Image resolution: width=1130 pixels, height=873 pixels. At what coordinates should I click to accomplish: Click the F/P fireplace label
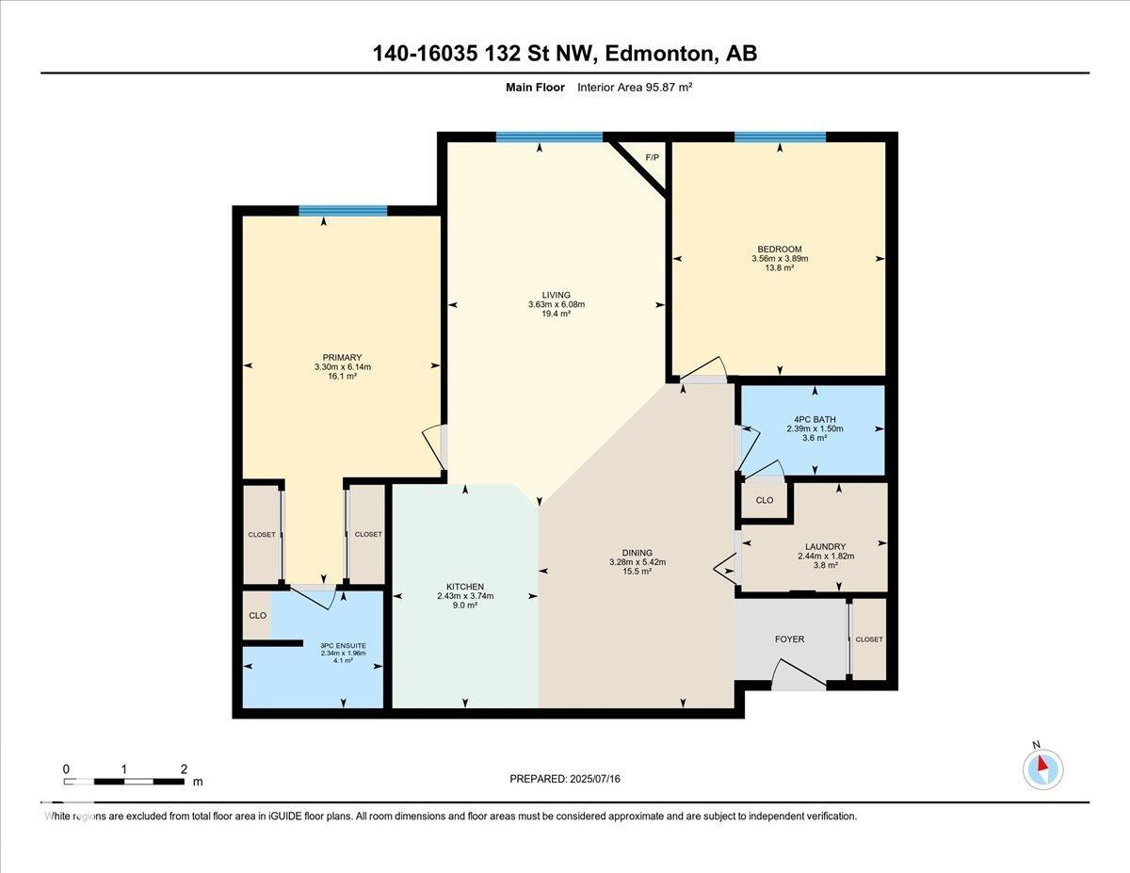tap(652, 157)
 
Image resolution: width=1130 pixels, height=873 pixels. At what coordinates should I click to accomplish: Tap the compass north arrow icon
tap(1042, 769)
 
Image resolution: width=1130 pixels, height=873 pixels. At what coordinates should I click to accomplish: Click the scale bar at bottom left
tap(123, 782)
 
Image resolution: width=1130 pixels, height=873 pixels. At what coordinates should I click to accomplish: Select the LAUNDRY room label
tap(825, 546)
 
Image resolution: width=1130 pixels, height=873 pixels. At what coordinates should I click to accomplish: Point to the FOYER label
tap(789, 639)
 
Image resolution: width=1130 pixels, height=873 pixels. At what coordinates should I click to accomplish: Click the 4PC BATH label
tap(815, 419)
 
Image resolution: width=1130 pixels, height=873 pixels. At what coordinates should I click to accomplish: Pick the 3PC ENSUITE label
tap(343, 646)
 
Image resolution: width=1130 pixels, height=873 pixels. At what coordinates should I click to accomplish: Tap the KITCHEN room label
tap(465, 587)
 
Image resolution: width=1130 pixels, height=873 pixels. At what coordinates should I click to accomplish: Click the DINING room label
tap(637, 553)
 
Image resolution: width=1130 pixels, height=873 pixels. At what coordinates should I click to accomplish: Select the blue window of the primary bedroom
tap(343, 211)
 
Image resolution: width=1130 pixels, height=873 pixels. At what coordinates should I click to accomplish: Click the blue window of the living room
tap(549, 137)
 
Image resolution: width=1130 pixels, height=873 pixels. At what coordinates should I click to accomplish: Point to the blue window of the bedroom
tap(780, 137)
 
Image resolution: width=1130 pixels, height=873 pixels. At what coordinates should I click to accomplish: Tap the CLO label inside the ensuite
tap(257, 616)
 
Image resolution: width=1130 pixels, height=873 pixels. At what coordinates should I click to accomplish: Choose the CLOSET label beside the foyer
tap(869, 639)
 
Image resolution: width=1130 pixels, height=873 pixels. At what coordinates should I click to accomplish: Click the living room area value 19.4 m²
tap(557, 314)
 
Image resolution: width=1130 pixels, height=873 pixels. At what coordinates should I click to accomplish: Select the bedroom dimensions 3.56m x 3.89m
tap(780, 258)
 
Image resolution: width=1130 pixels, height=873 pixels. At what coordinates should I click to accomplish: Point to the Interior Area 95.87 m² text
tap(635, 88)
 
